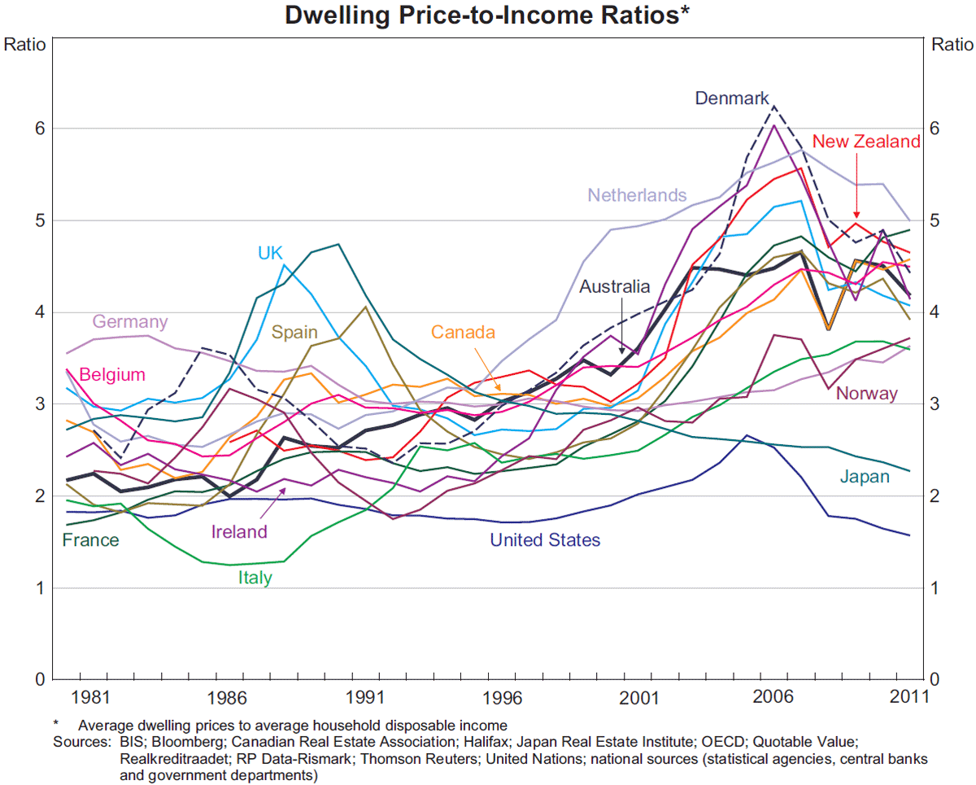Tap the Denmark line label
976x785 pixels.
point(731,98)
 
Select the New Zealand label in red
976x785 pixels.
point(866,142)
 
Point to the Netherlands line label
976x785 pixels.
point(637,195)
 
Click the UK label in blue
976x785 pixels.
point(270,253)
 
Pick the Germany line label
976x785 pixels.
point(130,321)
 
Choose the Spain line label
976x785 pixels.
point(294,332)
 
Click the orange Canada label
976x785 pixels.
point(462,332)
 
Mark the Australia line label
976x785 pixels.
point(614,286)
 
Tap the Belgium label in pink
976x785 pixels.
point(112,375)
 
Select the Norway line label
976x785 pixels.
point(866,394)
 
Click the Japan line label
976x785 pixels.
point(865,477)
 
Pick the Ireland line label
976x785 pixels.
point(239,532)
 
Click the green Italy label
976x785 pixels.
point(255,578)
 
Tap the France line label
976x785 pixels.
point(91,540)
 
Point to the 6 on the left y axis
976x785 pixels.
point(38,129)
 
